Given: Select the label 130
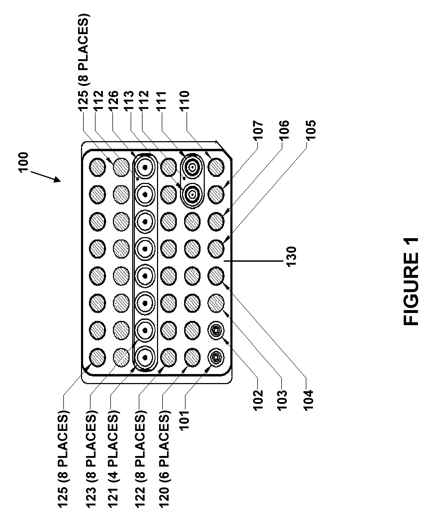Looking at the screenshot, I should tap(292, 257).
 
